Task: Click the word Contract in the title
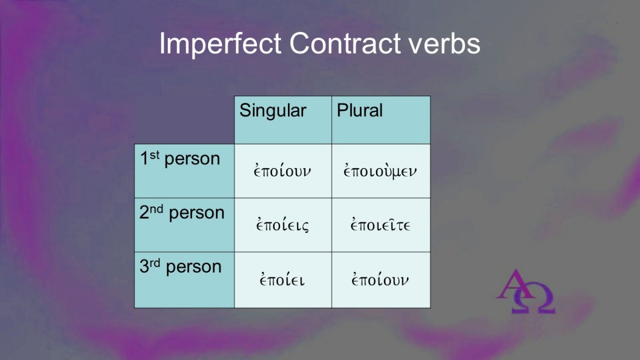pyautogui.click(x=345, y=43)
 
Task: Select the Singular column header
pyautogui.click(x=273, y=111)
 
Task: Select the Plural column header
pyautogui.click(x=359, y=110)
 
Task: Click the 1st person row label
pyautogui.click(x=180, y=158)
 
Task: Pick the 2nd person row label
pyautogui.click(x=182, y=213)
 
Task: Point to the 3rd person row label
pyautogui.click(x=181, y=267)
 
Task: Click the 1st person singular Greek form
pyautogui.click(x=282, y=170)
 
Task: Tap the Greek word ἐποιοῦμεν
pyautogui.click(x=380, y=171)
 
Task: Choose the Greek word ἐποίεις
pyautogui.click(x=282, y=225)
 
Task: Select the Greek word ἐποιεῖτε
pyautogui.click(x=380, y=225)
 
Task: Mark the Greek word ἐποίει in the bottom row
pyautogui.click(x=282, y=279)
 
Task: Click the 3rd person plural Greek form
pyautogui.click(x=380, y=279)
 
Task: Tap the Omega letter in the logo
pyautogui.click(x=533, y=298)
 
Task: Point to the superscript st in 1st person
pyautogui.click(x=154, y=155)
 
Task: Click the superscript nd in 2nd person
pyautogui.click(x=157, y=209)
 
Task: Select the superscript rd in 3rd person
pyautogui.click(x=155, y=263)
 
